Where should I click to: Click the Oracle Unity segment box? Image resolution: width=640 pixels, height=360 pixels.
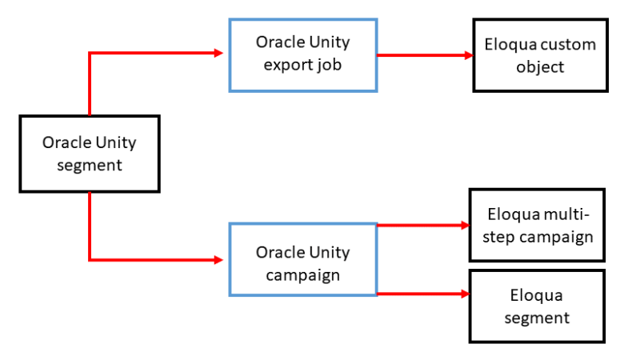pyautogui.click(x=89, y=154)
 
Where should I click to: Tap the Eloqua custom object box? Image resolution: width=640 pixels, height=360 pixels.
pyautogui.click(x=540, y=55)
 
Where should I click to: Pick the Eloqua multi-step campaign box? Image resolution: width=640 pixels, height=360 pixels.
pyautogui.click(x=537, y=226)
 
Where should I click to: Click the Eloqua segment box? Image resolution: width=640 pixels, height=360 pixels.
pyautogui.click(x=537, y=306)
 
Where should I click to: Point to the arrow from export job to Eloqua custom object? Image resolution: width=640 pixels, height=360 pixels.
pyautogui.click(x=424, y=55)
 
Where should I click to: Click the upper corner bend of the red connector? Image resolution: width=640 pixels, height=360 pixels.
pyautogui.click(x=90, y=54)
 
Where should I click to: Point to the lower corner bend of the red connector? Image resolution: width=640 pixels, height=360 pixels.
pyautogui.click(x=90, y=260)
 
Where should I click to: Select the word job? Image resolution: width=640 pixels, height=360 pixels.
pyautogui.click(x=329, y=64)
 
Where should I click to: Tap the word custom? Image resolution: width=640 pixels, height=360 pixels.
pyautogui.click(x=566, y=45)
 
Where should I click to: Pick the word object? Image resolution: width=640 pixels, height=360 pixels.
pyautogui.click(x=540, y=67)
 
